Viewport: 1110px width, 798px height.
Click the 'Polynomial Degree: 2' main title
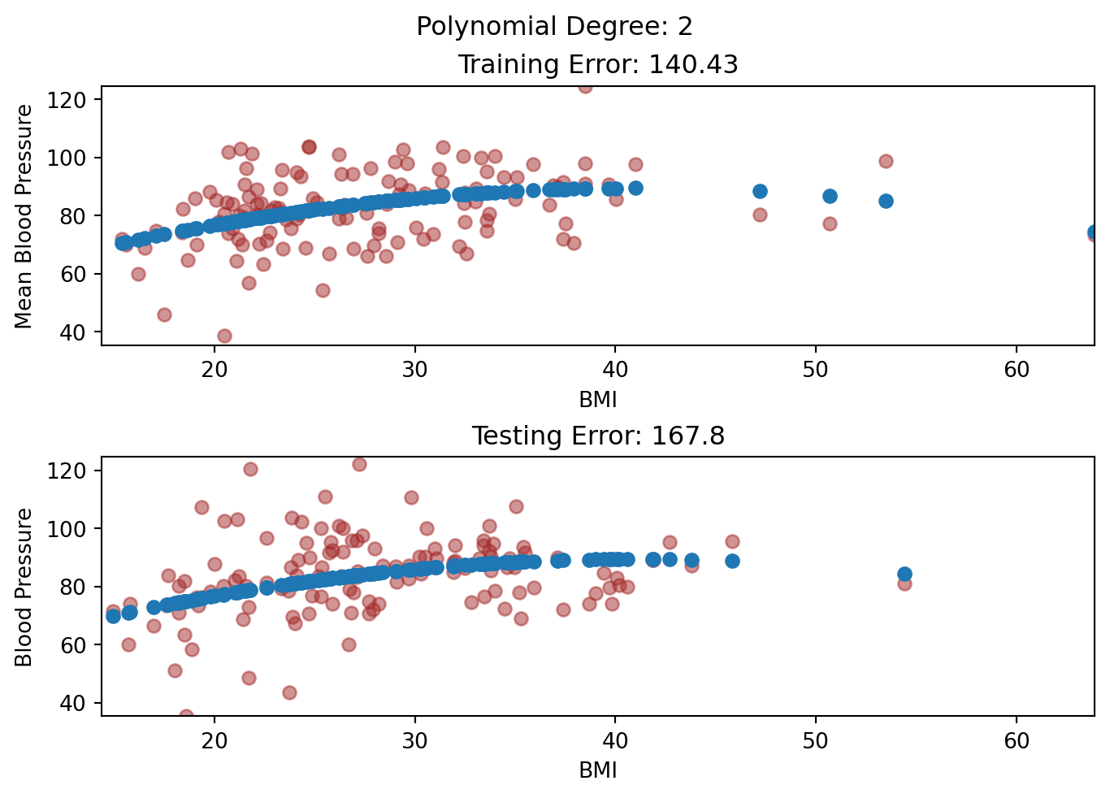click(554, 27)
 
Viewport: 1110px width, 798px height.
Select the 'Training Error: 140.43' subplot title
click(597, 64)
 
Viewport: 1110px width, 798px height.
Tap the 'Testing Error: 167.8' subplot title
click(597, 436)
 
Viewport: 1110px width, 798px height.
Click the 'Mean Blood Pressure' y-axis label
click(24, 216)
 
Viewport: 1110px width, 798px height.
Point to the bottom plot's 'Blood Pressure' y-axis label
click(24, 587)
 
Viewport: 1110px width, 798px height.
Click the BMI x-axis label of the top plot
click(597, 399)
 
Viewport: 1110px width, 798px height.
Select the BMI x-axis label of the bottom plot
click(597, 770)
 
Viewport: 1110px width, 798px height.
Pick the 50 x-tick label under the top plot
click(815, 369)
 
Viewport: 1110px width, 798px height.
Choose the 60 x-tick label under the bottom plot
click(1016, 740)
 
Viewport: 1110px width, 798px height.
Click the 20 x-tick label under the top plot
click(214, 369)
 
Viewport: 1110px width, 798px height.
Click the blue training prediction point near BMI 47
click(760, 191)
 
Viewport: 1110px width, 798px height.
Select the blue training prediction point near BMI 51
click(830, 196)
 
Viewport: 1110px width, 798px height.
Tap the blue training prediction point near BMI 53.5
click(886, 201)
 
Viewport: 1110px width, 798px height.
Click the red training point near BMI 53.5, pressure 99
click(886, 161)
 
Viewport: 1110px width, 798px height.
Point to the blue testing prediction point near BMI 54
click(904, 574)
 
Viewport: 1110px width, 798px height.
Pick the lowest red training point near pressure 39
click(224, 336)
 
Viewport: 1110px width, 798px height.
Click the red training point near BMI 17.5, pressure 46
click(164, 314)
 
